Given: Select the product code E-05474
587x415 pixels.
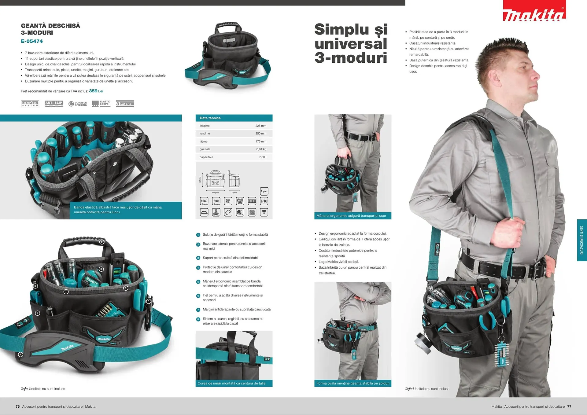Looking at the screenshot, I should tap(32, 41).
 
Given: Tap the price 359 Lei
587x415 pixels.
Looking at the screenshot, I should tap(96, 91).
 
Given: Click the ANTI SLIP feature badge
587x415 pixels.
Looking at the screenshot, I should tap(54, 103).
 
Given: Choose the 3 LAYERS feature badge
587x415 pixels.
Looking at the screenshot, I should tap(125, 104).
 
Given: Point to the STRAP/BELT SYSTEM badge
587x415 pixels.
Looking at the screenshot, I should tap(30, 104).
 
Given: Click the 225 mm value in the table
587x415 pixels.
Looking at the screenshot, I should tap(260, 126).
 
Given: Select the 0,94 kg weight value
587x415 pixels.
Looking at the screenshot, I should tap(261, 149).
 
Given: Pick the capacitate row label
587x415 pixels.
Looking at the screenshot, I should tap(206, 157).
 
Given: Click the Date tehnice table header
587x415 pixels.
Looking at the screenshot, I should tap(210, 118).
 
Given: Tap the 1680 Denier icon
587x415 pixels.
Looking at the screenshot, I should tap(204, 201).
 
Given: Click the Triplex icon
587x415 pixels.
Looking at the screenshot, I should tap(264, 191).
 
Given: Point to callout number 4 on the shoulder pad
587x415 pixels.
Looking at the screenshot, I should tap(20, 354).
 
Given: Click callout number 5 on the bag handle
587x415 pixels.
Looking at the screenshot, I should tap(102, 242).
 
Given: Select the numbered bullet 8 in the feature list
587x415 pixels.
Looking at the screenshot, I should tap(198, 319).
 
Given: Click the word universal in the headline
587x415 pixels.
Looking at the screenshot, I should tap(351, 44).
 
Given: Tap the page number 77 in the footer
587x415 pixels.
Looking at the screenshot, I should tap(569, 406).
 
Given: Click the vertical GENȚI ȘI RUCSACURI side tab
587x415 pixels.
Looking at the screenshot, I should tap(581, 240).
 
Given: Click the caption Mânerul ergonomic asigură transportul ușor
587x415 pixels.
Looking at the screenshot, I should tap(351, 216).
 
